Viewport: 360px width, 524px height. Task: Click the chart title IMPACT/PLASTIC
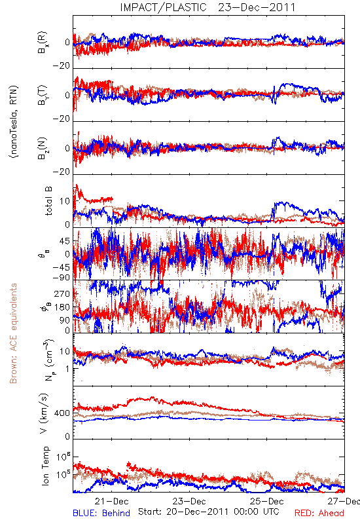[x=163, y=7]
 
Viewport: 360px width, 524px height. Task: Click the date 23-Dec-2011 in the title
[x=257, y=7]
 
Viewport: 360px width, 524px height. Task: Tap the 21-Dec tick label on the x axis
[x=112, y=501]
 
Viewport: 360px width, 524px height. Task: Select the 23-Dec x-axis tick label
[x=189, y=501]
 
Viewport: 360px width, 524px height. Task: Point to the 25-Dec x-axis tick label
[x=267, y=501]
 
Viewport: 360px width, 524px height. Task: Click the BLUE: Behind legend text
[x=101, y=513]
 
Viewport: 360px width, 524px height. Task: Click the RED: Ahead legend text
[x=319, y=513]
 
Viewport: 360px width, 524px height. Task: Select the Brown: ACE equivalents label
[x=13, y=333]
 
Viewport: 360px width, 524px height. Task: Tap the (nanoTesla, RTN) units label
[x=14, y=122]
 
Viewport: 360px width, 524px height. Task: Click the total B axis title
[x=48, y=201]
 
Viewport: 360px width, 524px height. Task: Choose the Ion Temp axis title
[x=45, y=466]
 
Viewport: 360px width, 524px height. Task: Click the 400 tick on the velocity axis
[x=62, y=413]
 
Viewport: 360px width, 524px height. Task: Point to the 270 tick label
[x=62, y=293]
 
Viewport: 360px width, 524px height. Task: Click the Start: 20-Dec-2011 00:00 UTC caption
[x=209, y=512]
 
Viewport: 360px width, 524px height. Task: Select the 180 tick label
[x=62, y=307]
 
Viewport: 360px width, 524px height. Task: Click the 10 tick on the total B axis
[x=65, y=201]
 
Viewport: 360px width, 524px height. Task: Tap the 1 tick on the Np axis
[x=68, y=369]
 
